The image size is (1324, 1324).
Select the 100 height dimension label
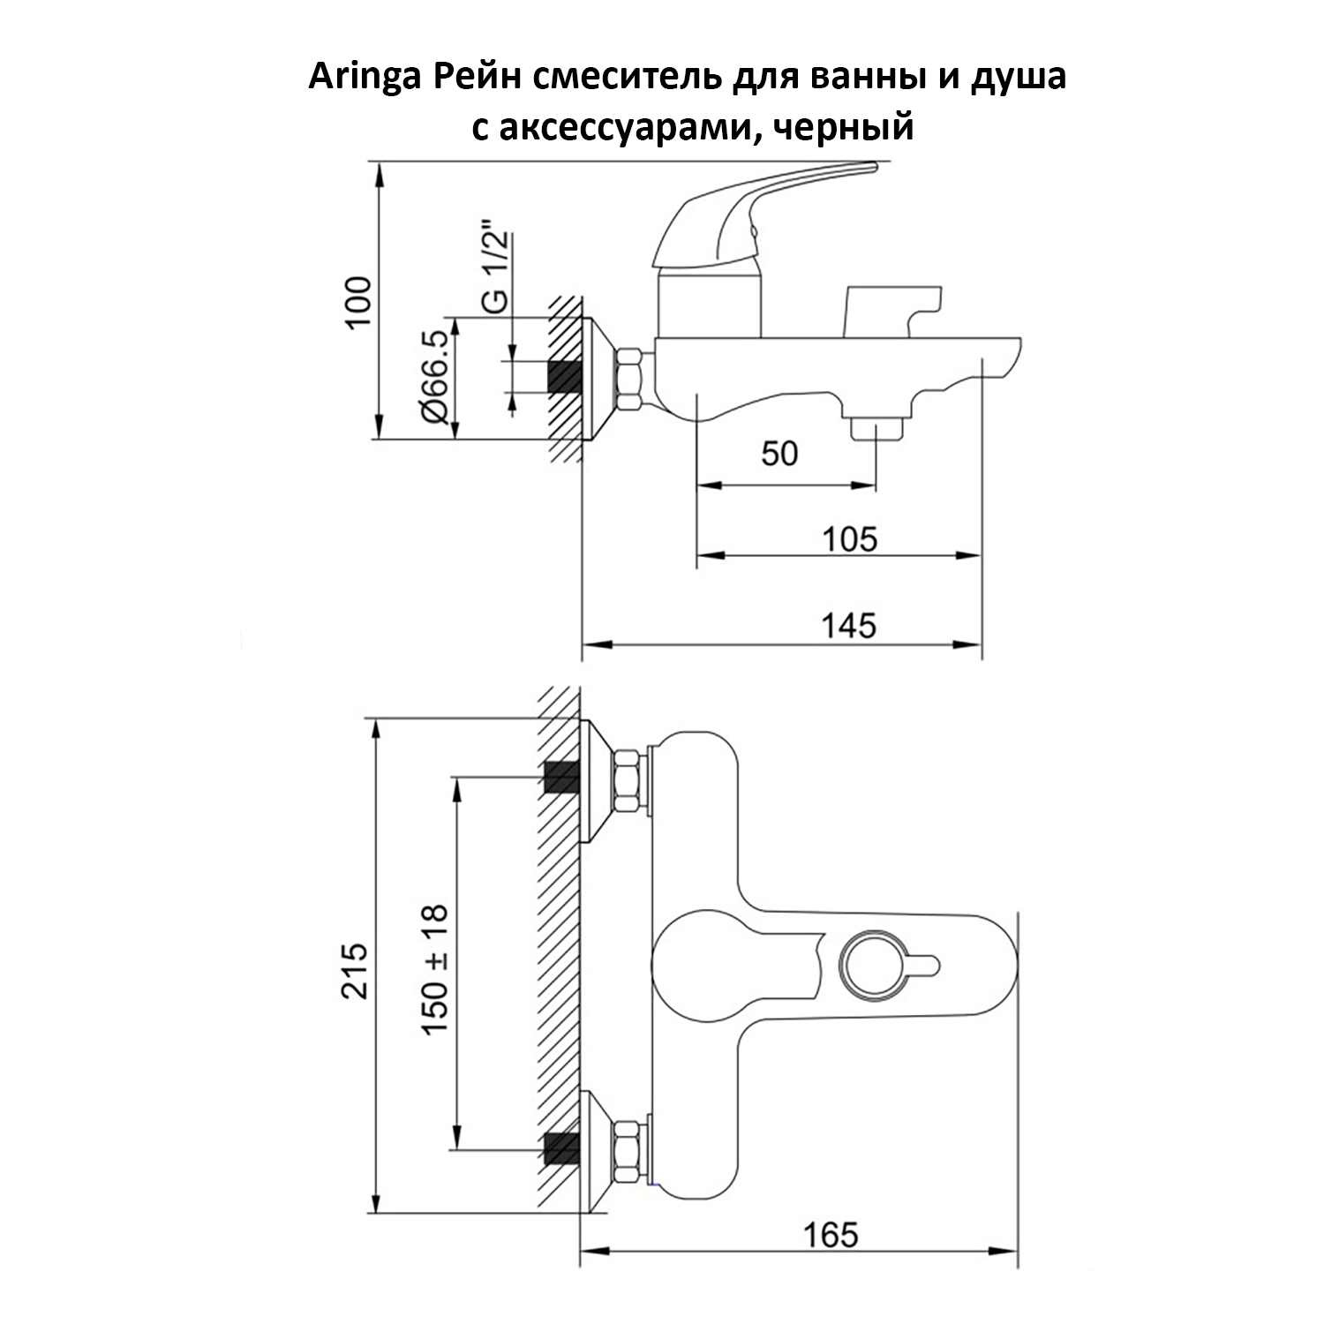point(358,303)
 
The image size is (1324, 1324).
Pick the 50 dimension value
point(779,454)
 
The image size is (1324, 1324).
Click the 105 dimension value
point(850,538)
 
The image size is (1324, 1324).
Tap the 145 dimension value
point(849,625)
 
